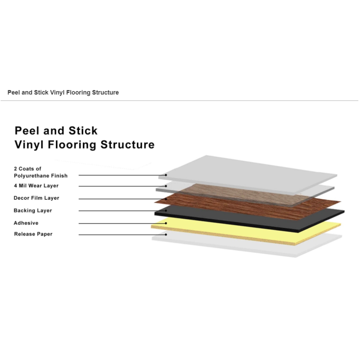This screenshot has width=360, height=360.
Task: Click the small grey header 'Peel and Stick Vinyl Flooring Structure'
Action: point(63,93)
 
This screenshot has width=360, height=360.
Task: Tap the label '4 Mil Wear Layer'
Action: point(36,186)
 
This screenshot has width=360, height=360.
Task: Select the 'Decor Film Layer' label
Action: point(37,198)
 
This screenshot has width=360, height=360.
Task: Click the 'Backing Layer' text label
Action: point(33,211)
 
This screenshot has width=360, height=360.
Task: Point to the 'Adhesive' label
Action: point(26,223)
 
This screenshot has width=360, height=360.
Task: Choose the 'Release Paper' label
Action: point(33,234)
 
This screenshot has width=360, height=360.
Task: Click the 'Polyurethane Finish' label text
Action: point(41,176)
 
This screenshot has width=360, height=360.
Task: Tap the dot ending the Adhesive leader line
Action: point(166,223)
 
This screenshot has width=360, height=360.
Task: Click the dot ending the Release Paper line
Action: point(166,235)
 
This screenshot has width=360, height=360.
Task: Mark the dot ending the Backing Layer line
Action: point(166,211)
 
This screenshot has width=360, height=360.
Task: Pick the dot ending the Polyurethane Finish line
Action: point(166,175)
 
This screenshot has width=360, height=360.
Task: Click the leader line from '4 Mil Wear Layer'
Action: point(122,186)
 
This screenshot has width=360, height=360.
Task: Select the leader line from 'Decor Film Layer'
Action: point(122,199)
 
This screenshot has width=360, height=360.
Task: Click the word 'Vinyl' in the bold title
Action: point(29,145)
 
